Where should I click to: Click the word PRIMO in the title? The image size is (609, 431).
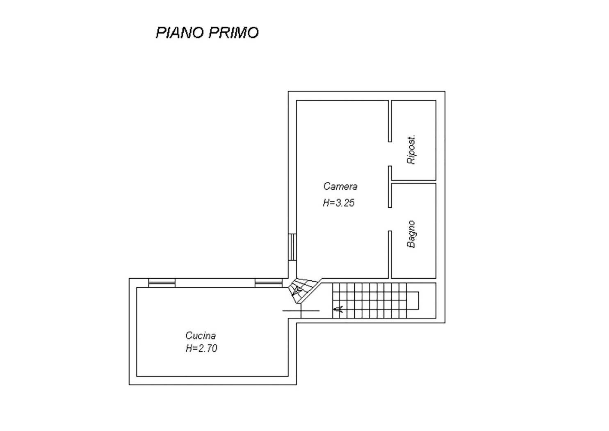click(234, 32)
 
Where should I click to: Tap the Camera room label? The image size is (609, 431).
click(340, 186)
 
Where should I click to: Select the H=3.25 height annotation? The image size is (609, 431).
click(339, 203)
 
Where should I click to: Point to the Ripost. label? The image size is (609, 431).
click(411, 149)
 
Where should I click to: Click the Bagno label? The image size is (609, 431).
click(411, 234)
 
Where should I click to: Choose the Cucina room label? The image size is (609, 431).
click(201, 335)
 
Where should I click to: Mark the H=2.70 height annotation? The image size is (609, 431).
click(201, 348)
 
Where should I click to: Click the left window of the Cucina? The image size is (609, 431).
click(162, 283)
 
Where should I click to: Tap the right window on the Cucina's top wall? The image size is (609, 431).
click(268, 283)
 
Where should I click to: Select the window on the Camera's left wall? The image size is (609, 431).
click(292, 247)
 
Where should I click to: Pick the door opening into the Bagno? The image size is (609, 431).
click(390, 219)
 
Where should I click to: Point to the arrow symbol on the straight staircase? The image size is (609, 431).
click(338, 309)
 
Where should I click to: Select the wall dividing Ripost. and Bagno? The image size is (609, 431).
click(413, 181)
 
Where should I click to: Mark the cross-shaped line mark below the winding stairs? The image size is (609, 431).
click(301, 311)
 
